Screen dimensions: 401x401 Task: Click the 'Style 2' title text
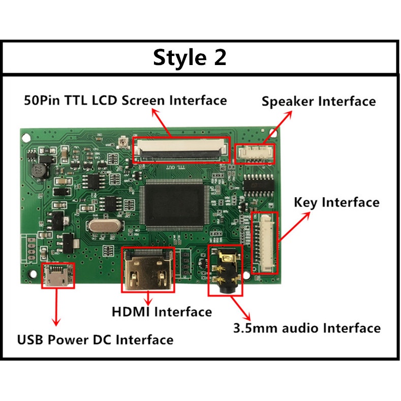click(190, 57)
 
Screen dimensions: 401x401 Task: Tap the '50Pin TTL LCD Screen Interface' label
click(126, 100)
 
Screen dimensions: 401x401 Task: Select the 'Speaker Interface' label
click(319, 101)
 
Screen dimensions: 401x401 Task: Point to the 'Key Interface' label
click(336, 202)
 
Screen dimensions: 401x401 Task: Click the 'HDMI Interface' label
click(162, 312)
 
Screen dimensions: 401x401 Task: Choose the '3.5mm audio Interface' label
click(307, 328)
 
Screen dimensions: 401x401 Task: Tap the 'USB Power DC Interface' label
click(95, 340)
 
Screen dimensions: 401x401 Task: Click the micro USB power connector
click(58, 275)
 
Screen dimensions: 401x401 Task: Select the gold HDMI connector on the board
click(148, 270)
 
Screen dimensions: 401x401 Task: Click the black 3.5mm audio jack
click(225, 270)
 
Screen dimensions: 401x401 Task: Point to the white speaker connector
click(255, 153)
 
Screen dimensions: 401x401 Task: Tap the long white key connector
click(265, 243)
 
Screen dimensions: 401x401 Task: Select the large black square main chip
click(174, 205)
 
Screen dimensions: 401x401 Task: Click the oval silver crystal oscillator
click(105, 226)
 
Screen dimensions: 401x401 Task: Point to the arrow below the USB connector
click(56, 307)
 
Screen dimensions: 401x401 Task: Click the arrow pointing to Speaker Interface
click(277, 127)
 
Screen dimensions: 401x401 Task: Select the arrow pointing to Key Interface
click(294, 227)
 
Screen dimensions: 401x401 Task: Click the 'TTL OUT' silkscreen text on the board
click(176, 167)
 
